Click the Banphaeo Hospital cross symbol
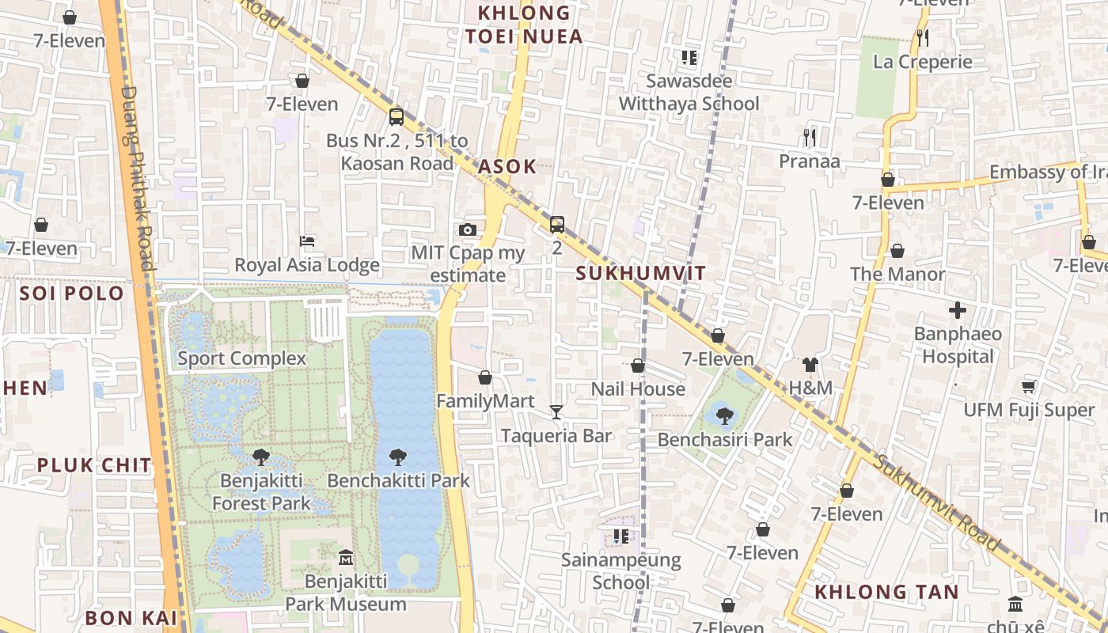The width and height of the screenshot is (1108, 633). point(958,309)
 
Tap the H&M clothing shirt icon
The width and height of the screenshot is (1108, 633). point(810,365)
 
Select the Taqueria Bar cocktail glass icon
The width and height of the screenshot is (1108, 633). point(556,411)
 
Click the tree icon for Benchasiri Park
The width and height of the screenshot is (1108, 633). point(724,415)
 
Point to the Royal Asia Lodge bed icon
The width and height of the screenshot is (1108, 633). point(307,241)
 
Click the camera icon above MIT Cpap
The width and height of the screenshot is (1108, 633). point(468,229)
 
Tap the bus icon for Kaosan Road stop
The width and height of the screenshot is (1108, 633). point(397,117)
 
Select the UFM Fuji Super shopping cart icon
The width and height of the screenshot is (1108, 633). point(1028,386)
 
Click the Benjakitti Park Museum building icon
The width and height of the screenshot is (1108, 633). point(345,558)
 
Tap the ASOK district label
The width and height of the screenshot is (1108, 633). point(507,167)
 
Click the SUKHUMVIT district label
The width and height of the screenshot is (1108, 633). point(641,274)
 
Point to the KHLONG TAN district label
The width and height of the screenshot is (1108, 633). point(886,592)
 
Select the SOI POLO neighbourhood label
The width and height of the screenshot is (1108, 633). point(72,294)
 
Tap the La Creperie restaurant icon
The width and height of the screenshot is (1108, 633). point(922,37)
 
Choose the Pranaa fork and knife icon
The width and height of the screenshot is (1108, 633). point(809,138)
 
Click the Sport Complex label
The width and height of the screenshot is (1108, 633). point(241,358)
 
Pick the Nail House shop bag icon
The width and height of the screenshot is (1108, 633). point(638,366)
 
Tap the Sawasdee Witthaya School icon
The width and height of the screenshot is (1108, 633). point(689,57)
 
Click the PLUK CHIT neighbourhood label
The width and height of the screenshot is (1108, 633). point(94,465)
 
